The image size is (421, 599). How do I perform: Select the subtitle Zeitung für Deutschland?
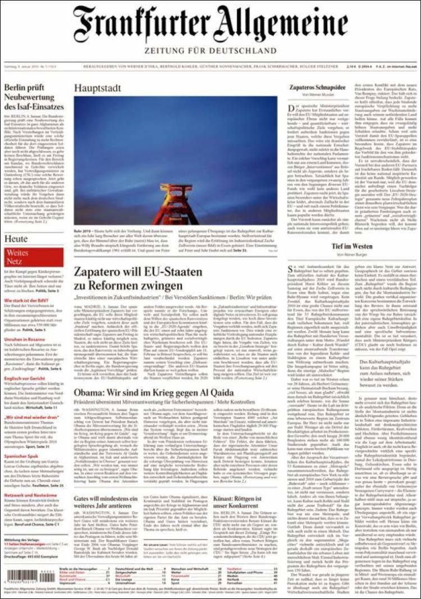[210, 51]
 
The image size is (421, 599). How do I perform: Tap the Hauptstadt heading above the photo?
[100, 88]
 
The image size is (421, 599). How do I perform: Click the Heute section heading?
[16, 239]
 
